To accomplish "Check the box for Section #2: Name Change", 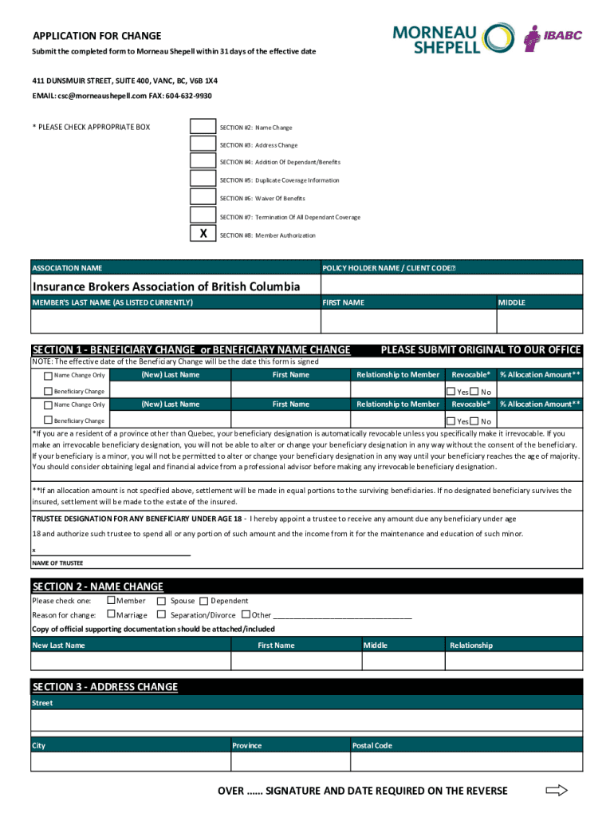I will pyautogui.click(x=203, y=127).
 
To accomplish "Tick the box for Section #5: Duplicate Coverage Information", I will pyautogui.click(x=203, y=180).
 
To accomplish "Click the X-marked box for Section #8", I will pyautogui.click(x=203, y=234).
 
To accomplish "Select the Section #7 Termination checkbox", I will pyautogui.click(x=203, y=215).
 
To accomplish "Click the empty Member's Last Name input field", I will pyautogui.click(x=175, y=321).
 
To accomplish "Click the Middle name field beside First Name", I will pyautogui.click(x=539, y=321).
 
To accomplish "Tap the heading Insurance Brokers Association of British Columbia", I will pyautogui.click(x=166, y=286).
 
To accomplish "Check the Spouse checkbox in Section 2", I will pyautogui.click(x=162, y=601).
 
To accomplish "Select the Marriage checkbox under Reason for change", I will pyautogui.click(x=111, y=615).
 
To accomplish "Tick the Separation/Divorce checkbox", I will pyautogui.click(x=162, y=615).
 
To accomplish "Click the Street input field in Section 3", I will pyautogui.click(x=307, y=720).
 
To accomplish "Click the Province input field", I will pyautogui.click(x=290, y=762).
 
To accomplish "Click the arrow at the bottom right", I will pyautogui.click(x=556, y=791).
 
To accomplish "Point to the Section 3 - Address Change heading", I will pyautogui.click(x=105, y=687).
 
